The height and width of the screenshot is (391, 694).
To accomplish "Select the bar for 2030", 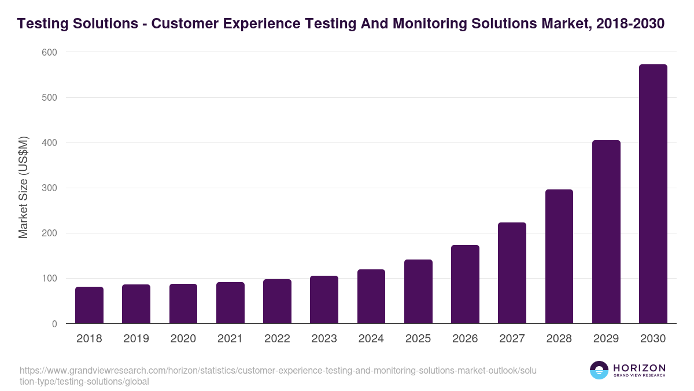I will [653, 194].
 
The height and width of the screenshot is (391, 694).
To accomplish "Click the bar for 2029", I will [606, 232].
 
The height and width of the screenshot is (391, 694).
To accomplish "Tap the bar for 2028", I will [559, 256].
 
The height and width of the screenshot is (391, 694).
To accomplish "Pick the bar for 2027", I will [512, 273].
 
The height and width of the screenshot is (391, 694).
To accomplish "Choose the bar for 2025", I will [418, 291].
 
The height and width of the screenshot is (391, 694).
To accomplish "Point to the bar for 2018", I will [89, 305].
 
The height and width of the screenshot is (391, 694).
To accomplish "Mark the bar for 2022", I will [277, 301].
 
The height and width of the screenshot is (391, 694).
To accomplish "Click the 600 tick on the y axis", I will [49, 52].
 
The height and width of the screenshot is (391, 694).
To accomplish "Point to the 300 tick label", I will [49, 188].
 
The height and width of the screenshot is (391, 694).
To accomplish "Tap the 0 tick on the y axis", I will [54, 324].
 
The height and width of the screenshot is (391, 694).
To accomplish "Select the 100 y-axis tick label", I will [49, 279].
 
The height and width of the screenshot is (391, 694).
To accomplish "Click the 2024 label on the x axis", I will [371, 339].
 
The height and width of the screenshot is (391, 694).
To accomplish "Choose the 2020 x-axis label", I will [183, 339].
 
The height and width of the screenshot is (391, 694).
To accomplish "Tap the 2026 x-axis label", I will [465, 339].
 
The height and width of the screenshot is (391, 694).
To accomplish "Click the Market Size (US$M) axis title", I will [23, 188].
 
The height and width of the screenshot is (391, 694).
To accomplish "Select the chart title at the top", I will [341, 24].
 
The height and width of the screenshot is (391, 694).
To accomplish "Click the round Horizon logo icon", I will [599, 370].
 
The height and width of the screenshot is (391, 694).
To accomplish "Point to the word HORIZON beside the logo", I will [639, 368].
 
